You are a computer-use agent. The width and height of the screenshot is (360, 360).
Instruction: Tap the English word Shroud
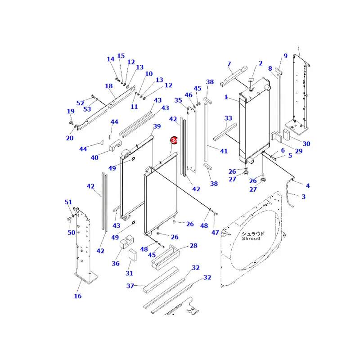click(x=251, y=238)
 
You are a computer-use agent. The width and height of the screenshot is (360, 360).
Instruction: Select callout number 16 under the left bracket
click(x=78, y=296)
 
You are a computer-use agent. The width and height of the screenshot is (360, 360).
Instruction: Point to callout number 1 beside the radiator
click(x=226, y=97)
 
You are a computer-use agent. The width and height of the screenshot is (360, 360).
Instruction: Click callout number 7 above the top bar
click(x=229, y=64)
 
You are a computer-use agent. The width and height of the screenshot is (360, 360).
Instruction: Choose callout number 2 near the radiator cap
click(x=260, y=63)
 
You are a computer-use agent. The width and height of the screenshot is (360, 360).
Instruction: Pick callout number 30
click(x=306, y=144)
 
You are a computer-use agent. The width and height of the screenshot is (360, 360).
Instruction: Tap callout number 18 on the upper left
click(x=109, y=86)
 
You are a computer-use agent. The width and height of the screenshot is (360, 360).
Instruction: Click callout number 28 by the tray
click(x=193, y=246)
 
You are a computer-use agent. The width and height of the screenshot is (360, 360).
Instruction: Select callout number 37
click(x=130, y=286)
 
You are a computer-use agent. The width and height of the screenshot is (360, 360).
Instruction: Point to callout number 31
click(x=130, y=273)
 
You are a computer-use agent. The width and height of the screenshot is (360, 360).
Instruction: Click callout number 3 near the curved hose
click(x=303, y=196)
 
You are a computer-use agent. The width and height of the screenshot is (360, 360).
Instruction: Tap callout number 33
click(x=228, y=118)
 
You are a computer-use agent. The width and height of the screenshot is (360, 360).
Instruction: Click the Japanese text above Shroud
click(x=253, y=233)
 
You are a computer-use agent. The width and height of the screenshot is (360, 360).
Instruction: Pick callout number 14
click(x=111, y=59)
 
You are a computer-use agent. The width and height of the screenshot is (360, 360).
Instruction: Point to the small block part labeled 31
click(x=132, y=255)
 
